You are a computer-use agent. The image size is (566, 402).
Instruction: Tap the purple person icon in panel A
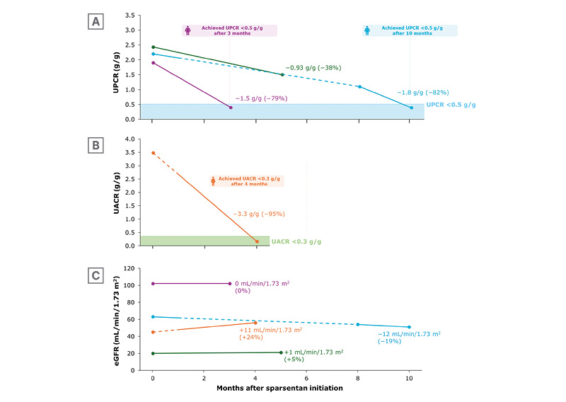[188, 30]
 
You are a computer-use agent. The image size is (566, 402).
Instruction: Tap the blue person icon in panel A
[366, 30]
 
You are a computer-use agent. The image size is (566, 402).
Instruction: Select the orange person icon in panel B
[213, 181]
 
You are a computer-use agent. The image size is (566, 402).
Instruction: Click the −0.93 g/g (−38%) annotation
[313, 67]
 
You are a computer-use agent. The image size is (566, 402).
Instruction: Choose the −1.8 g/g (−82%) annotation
[422, 93]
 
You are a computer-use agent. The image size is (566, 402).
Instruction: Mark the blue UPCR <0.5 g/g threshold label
[451, 105]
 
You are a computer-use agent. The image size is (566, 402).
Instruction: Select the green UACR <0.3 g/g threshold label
[296, 242]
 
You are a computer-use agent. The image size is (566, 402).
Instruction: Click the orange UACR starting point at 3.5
[153, 153]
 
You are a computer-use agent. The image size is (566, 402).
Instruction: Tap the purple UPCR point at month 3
[230, 108]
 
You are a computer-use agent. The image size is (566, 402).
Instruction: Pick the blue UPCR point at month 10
[411, 108]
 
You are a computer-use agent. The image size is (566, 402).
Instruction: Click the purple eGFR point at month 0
[153, 283]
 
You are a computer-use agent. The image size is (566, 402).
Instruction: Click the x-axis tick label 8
[358, 379]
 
